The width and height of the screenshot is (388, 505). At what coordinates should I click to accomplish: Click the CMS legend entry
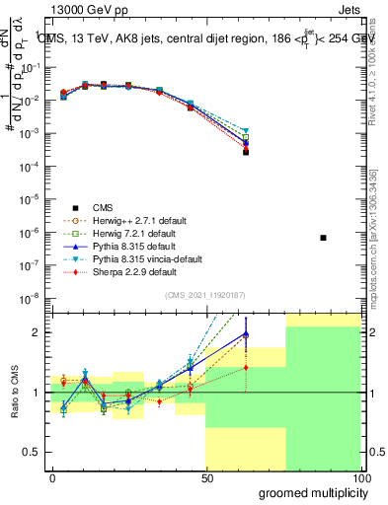(104, 207)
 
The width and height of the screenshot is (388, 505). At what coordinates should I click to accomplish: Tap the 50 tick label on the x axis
(206, 477)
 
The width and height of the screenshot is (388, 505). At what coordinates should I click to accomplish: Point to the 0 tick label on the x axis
(52, 477)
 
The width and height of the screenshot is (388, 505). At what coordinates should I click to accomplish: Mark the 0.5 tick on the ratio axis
(33, 454)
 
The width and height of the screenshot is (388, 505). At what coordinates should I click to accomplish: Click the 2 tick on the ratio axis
(38, 332)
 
